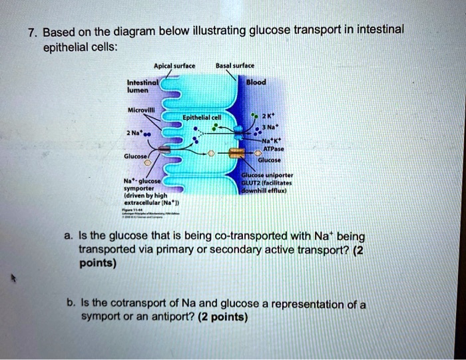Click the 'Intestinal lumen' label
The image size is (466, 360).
pos(134,88)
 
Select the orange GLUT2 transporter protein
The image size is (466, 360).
pos(236,154)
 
